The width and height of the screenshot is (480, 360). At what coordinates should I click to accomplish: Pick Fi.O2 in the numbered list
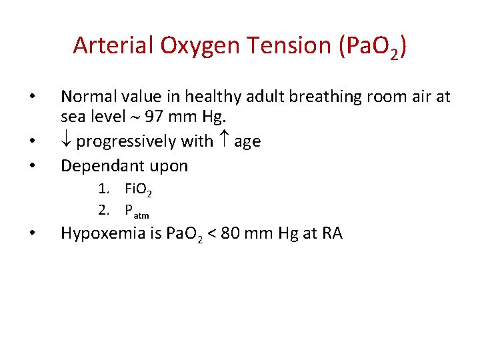[139, 191]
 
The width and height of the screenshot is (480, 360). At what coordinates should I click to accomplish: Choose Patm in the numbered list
[137, 211]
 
